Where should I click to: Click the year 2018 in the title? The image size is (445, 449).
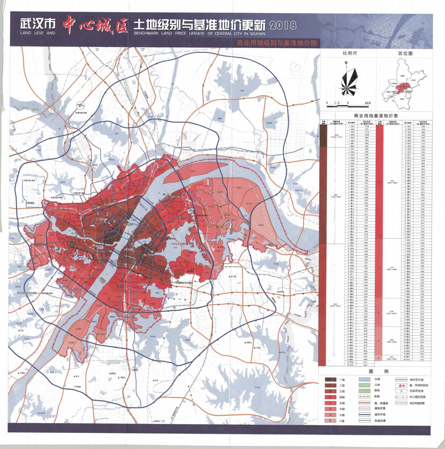pyautogui.click(x=283, y=26)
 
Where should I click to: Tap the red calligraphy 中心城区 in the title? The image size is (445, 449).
pyautogui.click(x=95, y=25)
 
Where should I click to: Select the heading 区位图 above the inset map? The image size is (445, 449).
pyautogui.click(x=405, y=54)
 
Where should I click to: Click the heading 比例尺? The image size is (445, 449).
pyautogui.click(x=350, y=54)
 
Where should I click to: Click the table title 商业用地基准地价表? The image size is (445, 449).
pyautogui.click(x=377, y=116)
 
